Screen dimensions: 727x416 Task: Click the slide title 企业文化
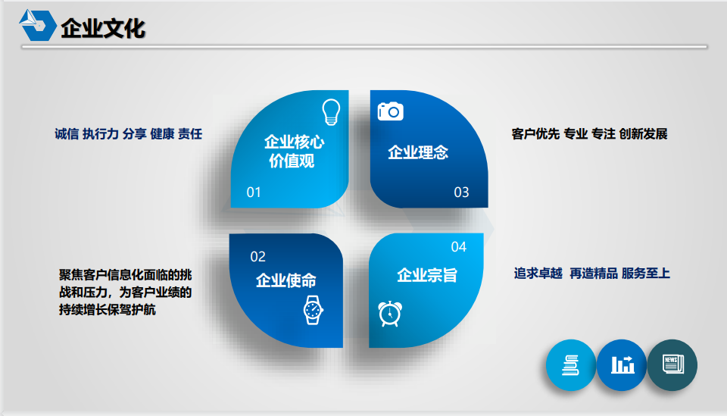pyautogui.click(x=103, y=28)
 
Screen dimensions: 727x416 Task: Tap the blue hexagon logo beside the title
pyautogui.click(x=38, y=25)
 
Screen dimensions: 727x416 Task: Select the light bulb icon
pyautogui.click(x=331, y=112)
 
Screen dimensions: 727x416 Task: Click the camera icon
pyautogui.click(x=391, y=111)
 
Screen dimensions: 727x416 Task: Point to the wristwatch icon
pyautogui.click(x=313, y=310)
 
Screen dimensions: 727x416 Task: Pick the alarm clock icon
pyautogui.click(x=390, y=314)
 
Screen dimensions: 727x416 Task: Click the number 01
pyautogui.click(x=254, y=192)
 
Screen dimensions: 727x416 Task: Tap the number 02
pyautogui.click(x=257, y=256)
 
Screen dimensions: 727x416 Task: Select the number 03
pyautogui.click(x=461, y=192)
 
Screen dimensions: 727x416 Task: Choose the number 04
pyautogui.click(x=459, y=247)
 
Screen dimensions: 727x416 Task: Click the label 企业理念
pyautogui.click(x=418, y=152)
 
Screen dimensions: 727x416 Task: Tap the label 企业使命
pyautogui.click(x=286, y=280)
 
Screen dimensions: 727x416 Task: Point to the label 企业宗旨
pyautogui.click(x=427, y=275)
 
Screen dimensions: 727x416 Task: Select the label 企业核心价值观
pyautogui.click(x=294, y=152)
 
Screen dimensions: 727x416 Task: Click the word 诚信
pyautogui.click(x=67, y=134)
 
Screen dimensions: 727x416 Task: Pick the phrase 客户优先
pyautogui.click(x=535, y=134)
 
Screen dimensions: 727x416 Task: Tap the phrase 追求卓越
pyautogui.click(x=538, y=273)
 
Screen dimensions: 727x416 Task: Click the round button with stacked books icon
pyautogui.click(x=571, y=365)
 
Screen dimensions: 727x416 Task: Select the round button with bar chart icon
pyautogui.click(x=622, y=365)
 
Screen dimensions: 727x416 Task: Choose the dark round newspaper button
pyautogui.click(x=672, y=365)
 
